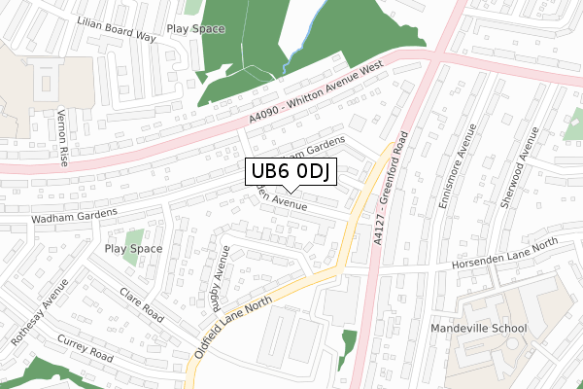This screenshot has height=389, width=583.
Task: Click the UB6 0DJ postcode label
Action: click(x=291, y=172)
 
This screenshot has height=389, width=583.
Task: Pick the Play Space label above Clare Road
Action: click(x=134, y=249)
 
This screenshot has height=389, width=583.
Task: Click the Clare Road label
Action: click(x=141, y=305)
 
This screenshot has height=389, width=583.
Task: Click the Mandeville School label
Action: click(x=478, y=329)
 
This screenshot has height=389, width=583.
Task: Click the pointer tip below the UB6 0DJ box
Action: click(x=291, y=192)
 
